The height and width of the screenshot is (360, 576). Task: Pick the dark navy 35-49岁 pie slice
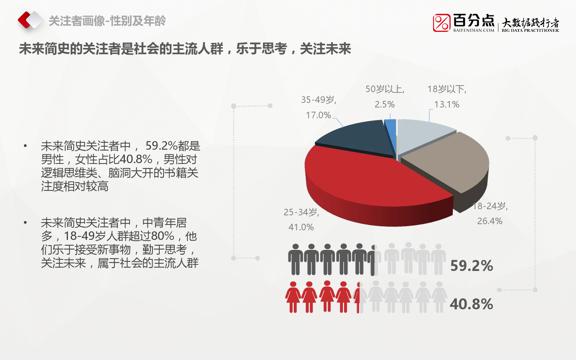[358, 139]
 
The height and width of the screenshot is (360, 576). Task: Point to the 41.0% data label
[301, 227]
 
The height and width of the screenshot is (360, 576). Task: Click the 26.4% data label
[490, 221]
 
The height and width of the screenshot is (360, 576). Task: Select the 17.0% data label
[318, 115]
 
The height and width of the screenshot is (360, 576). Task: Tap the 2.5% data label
[384, 104]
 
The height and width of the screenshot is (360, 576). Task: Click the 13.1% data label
[447, 104]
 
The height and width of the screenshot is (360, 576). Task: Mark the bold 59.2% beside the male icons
[472, 266]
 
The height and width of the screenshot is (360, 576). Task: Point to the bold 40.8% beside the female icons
[471, 304]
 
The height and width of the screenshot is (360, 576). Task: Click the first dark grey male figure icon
[295, 259]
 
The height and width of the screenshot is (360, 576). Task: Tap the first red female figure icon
[293, 297]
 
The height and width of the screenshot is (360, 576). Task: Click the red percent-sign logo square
[442, 23]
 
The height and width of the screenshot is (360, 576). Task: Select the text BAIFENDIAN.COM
[473, 30]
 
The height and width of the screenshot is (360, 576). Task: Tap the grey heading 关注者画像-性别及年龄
[107, 21]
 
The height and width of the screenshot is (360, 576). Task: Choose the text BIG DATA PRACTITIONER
[530, 30]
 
